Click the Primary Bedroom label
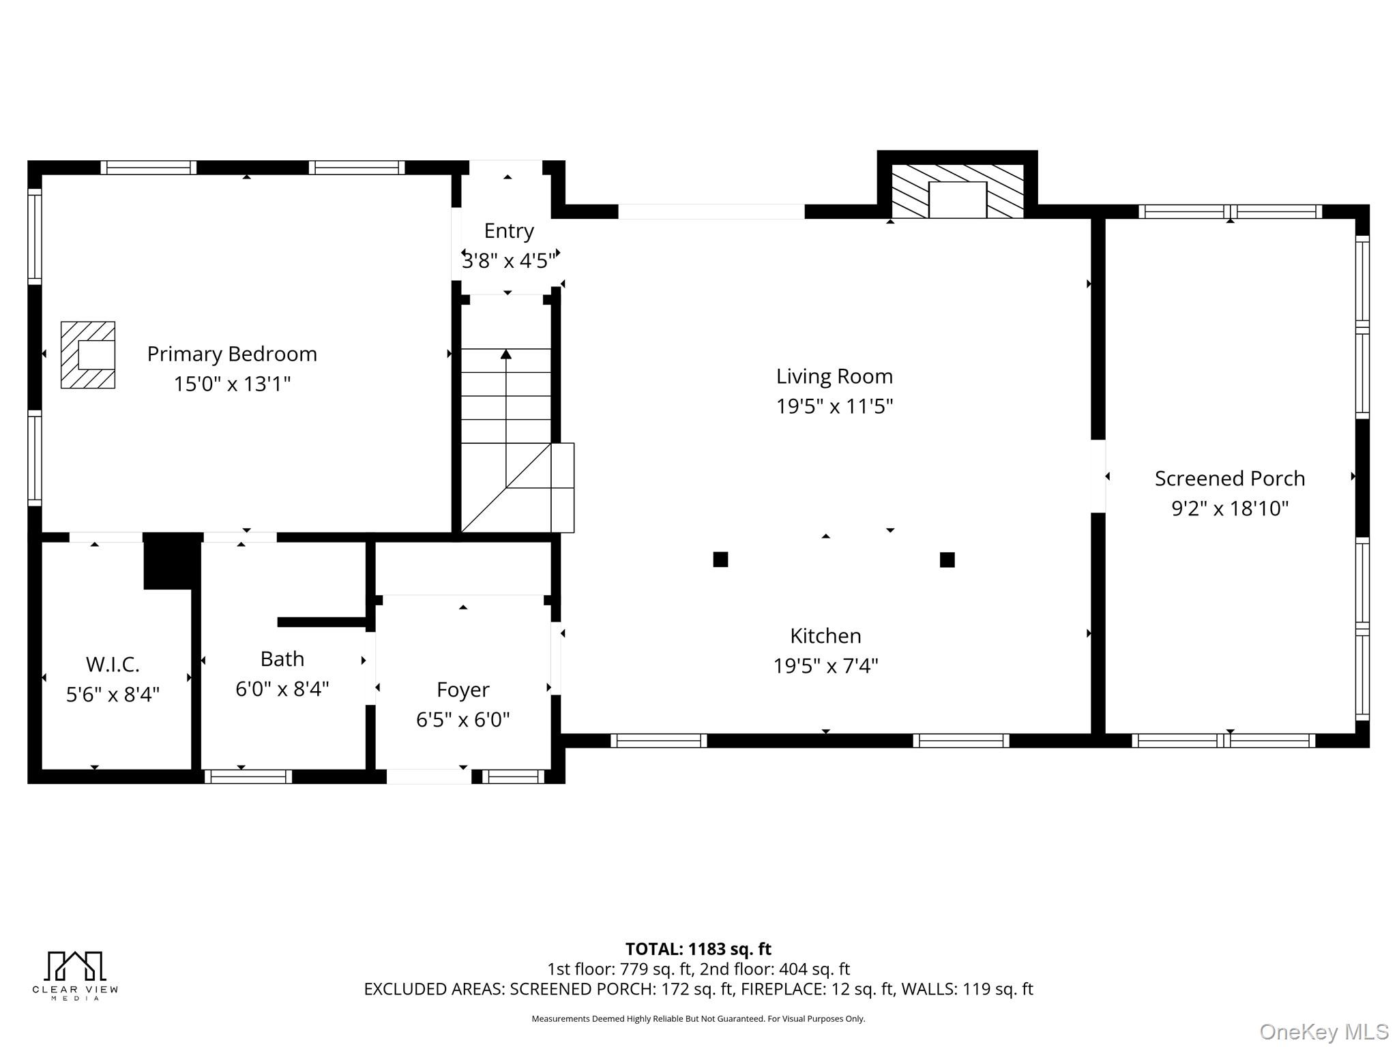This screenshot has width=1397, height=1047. [232, 354]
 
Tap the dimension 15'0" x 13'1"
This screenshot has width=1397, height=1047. [232, 384]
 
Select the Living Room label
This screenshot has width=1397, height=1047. [834, 376]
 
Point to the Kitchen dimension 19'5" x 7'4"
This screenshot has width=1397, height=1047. [825, 665]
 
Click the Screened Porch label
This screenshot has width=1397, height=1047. [1229, 479]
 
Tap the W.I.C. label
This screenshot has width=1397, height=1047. [113, 664]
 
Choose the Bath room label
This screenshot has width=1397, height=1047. [282, 659]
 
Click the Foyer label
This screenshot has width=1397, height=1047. [462, 690]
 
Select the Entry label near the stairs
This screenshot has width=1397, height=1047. [509, 231]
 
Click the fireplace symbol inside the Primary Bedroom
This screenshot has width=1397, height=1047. [88, 355]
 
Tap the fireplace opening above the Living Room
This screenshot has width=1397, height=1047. [957, 199]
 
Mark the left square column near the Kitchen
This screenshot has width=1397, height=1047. [720, 560]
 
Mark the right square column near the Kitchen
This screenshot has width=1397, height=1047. [947, 560]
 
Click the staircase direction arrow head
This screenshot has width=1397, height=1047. [505, 354]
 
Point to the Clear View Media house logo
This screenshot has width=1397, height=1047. [75, 966]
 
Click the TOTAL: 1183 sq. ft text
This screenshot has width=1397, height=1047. [698, 949]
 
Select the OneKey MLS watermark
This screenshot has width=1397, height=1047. [1323, 1031]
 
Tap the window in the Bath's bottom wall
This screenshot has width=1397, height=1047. [248, 776]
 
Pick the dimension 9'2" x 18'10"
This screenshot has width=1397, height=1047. [1229, 509]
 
